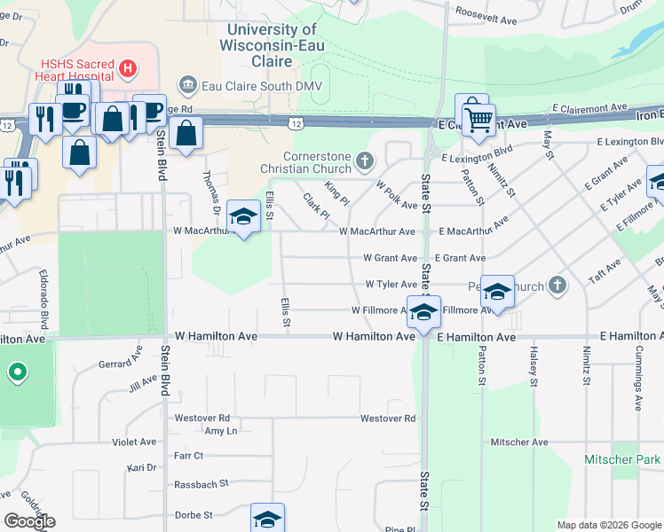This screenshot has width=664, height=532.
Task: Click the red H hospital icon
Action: click(129, 67)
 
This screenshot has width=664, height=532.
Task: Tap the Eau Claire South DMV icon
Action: click(187, 85)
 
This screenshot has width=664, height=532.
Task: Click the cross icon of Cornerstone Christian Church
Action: click(364, 160)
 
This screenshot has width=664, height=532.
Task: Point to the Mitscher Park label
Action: click(621, 459)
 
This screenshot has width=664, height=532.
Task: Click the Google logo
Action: click(29, 520)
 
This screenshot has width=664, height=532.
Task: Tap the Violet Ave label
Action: click(134, 442)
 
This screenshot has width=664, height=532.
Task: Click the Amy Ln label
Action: click(220, 430)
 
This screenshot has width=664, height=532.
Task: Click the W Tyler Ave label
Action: click(391, 285)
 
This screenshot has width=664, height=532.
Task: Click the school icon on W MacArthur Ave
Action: click(243, 215)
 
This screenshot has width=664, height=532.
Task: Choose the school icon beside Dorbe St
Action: click(267, 519)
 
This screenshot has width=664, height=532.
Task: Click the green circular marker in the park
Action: click(17, 372)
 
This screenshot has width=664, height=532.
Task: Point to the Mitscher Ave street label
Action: click(518, 442)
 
